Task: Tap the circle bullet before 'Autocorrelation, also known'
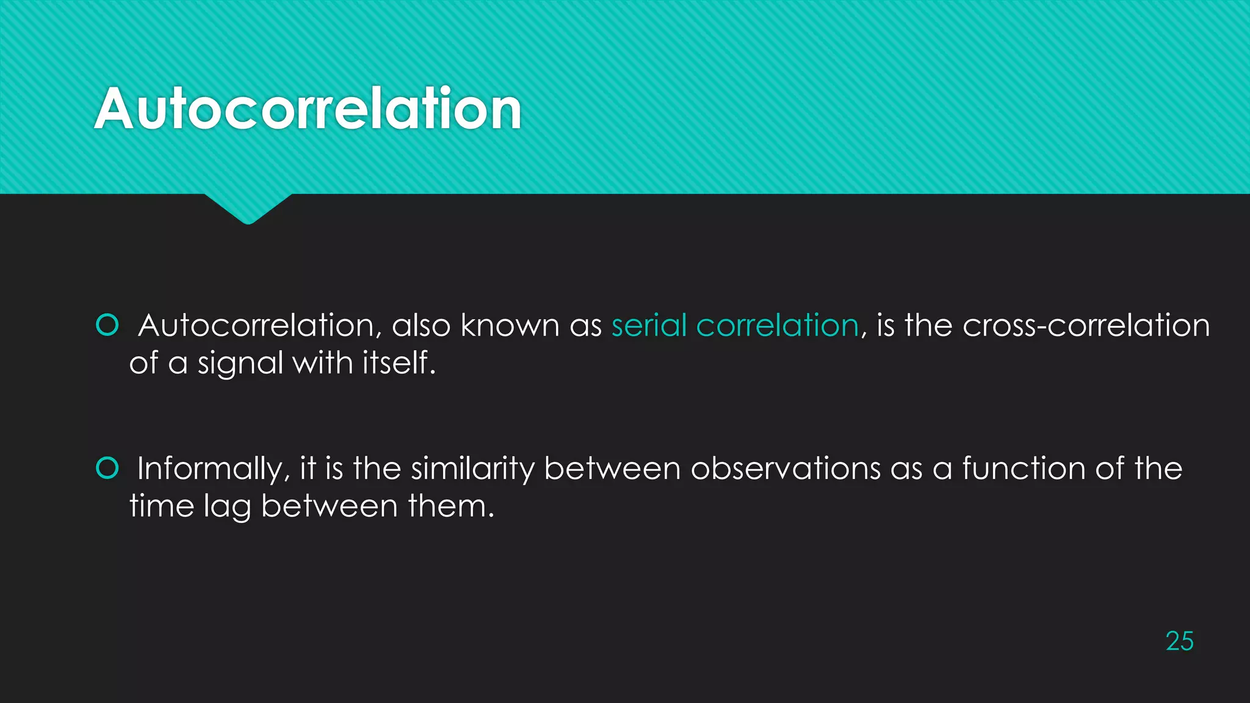(x=107, y=325)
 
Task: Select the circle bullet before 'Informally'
(x=107, y=468)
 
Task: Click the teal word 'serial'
(x=649, y=325)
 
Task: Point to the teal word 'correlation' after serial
(x=777, y=325)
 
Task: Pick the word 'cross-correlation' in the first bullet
(x=1086, y=325)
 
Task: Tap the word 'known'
(x=510, y=325)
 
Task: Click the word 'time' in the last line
(x=161, y=506)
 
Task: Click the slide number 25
(x=1179, y=641)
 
